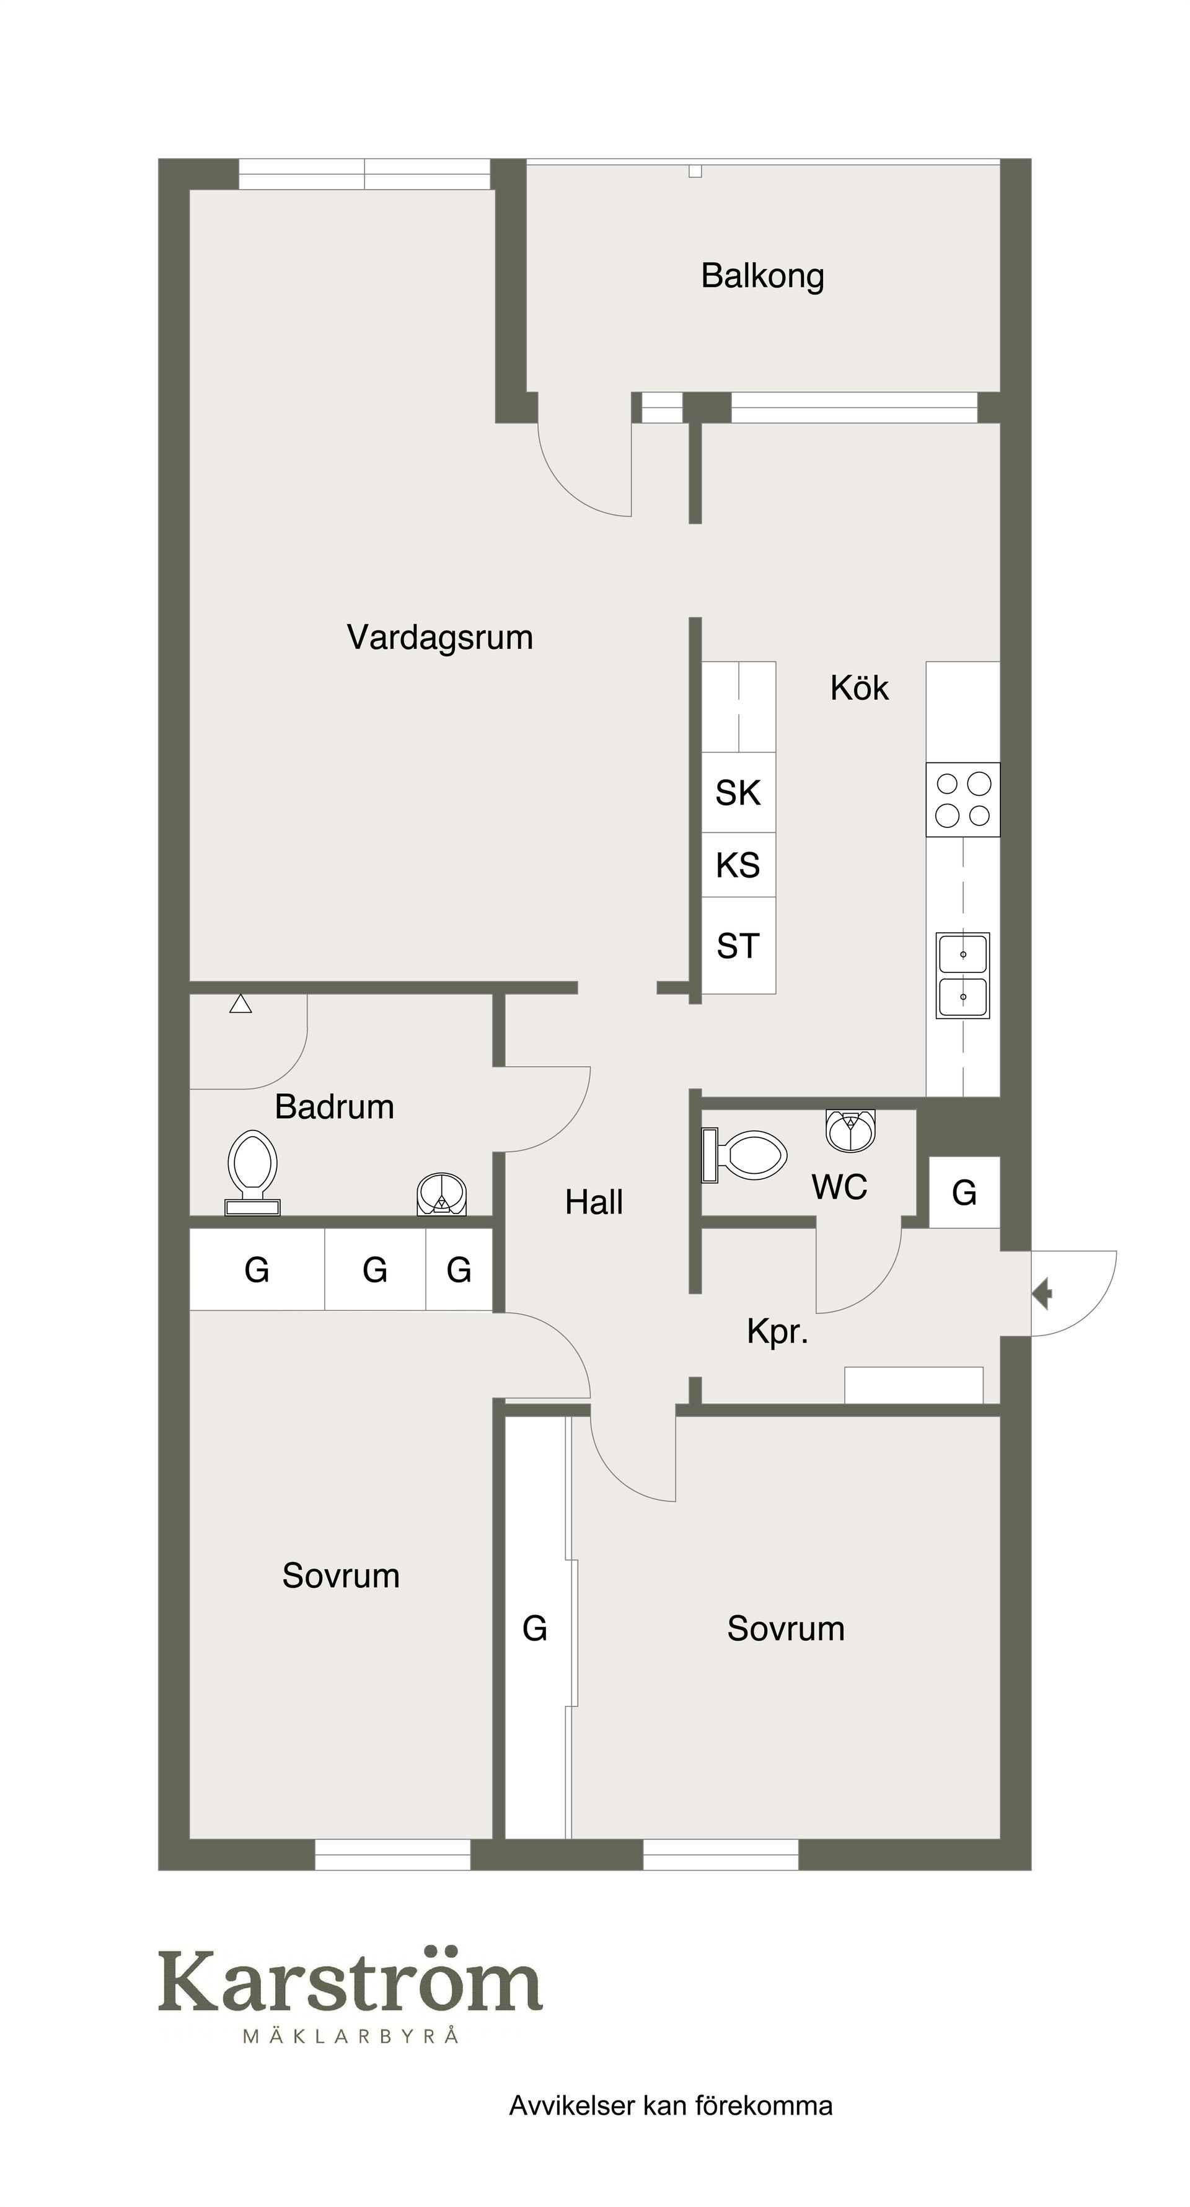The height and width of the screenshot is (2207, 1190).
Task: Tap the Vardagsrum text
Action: point(439,637)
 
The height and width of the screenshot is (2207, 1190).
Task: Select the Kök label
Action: point(859,688)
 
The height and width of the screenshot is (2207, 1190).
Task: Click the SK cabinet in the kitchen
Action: point(739,793)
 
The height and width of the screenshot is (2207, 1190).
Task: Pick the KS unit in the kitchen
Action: point(739,865)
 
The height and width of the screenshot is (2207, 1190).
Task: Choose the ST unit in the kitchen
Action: point(739,946)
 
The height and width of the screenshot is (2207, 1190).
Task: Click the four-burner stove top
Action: point(963,800)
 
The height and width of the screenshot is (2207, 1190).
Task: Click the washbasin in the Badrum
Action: point(442,1194)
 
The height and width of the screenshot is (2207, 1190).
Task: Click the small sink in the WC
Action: point(851,1130)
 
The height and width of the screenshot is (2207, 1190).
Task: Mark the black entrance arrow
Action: point(1042,1293)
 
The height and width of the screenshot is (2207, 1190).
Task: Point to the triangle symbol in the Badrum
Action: point(240,1003)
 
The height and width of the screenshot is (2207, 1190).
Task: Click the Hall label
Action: point(594,1202)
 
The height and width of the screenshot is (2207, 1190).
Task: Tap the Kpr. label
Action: point(778,1333)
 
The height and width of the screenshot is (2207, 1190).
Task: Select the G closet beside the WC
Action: point(964,1192)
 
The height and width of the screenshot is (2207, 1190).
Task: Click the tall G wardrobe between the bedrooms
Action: point(536,1628)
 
